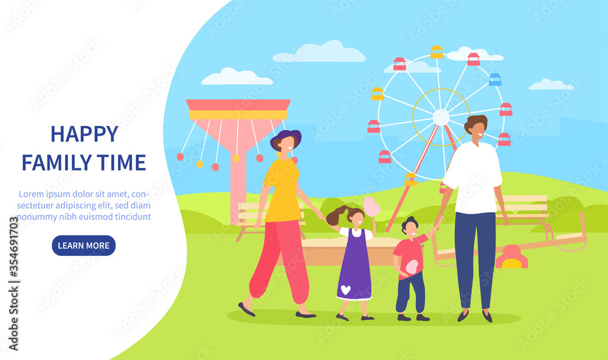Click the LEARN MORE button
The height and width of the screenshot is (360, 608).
84,246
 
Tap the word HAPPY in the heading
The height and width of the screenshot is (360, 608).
85,134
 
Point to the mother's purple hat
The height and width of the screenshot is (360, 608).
286,137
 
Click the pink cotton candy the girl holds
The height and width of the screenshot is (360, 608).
371,206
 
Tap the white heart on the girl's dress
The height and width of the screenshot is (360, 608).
345,289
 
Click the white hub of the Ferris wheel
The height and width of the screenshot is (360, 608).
441,117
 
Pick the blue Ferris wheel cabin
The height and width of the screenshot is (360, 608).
495,80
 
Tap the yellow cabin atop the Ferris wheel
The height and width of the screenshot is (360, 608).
437,52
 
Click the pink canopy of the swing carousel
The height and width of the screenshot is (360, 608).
238,105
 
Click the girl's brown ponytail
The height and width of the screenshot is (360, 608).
336,216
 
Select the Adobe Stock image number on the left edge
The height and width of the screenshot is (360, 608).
13,247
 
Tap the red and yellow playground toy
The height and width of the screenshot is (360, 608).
511,257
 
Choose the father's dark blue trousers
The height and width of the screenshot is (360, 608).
475,260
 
